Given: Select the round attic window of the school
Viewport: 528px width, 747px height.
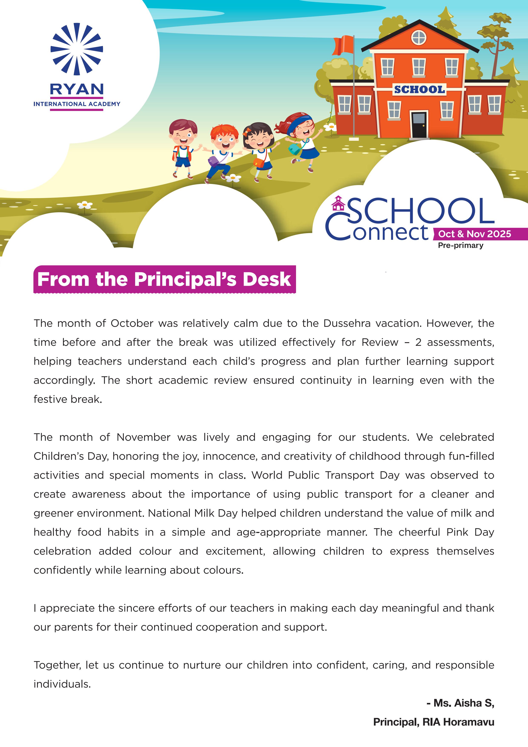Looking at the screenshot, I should (419, 38).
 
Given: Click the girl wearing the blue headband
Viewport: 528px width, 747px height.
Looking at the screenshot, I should (301, 140).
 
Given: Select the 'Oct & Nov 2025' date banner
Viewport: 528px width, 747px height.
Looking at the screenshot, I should (474, 234).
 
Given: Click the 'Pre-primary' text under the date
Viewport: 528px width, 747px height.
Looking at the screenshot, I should (460, 245).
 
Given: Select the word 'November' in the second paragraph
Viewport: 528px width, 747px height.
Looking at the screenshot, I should (143, 437).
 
